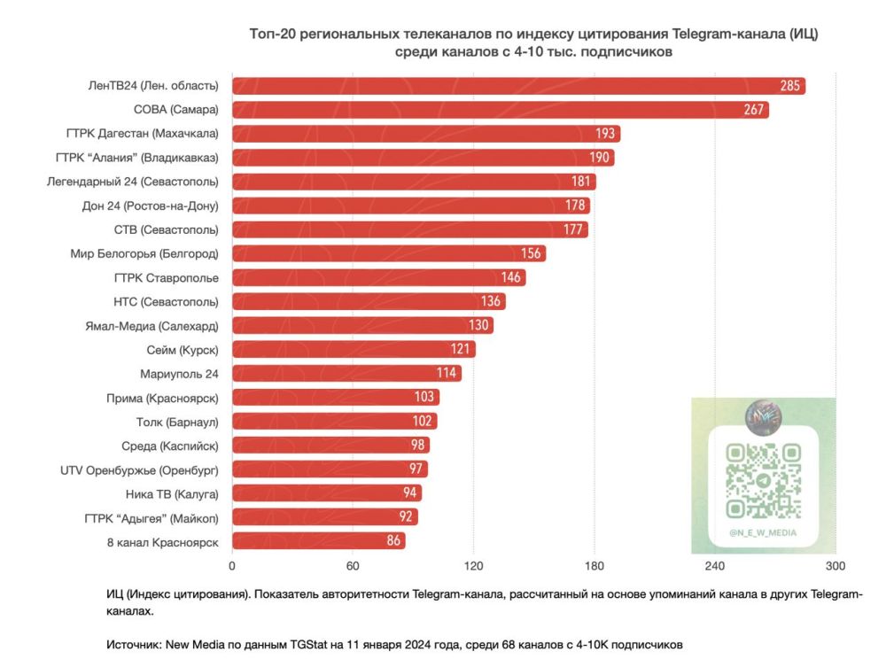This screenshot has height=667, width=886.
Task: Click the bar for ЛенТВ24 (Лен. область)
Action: click(518, 86)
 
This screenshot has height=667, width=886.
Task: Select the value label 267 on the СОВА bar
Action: click(753, 110)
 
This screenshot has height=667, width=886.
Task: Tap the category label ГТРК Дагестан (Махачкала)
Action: click(142, 134)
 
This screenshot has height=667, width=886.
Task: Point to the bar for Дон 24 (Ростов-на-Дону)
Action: click(410, 206)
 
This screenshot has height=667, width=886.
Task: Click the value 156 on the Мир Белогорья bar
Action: click(532, 253)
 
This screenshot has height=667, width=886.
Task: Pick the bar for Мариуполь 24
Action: click(346, 373)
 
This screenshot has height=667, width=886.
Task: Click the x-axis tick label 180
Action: click(594, 567)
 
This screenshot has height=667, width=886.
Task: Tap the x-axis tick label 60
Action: click(353, 567)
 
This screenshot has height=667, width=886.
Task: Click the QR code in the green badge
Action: click(763, 481)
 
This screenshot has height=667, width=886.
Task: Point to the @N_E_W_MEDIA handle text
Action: click(763, 532)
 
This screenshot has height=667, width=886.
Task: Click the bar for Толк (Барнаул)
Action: click(334, 421)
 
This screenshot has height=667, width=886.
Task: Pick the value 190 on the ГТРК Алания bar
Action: click(599, 158)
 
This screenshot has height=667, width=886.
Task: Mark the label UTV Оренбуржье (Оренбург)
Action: click(139, 469)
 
